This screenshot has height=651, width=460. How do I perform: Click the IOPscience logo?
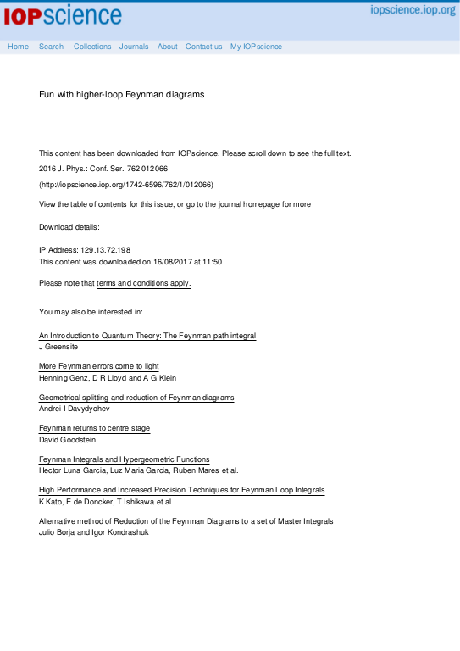coord(63,15)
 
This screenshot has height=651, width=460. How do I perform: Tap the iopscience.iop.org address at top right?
coord(413,10)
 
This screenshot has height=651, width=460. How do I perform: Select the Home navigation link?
coord(18,47)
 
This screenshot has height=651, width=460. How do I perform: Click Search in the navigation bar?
coord(51,47)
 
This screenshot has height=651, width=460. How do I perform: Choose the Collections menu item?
coord(92,47)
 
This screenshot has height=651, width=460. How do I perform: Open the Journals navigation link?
coord(134,47)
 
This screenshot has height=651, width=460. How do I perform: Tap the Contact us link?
coord(203,47)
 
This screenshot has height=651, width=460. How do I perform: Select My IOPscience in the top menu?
coord(256,47)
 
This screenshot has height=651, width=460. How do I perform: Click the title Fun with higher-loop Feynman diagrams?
coord(121,94)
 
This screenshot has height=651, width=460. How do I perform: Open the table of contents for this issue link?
coord(115,204)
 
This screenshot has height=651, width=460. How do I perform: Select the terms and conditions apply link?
coord(143,282)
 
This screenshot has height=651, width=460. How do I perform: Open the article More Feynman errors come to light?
coord(98,366)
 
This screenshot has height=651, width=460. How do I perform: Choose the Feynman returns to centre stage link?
coord(94,428)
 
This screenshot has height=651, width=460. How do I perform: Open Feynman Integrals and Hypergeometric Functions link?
coord(124,459)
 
